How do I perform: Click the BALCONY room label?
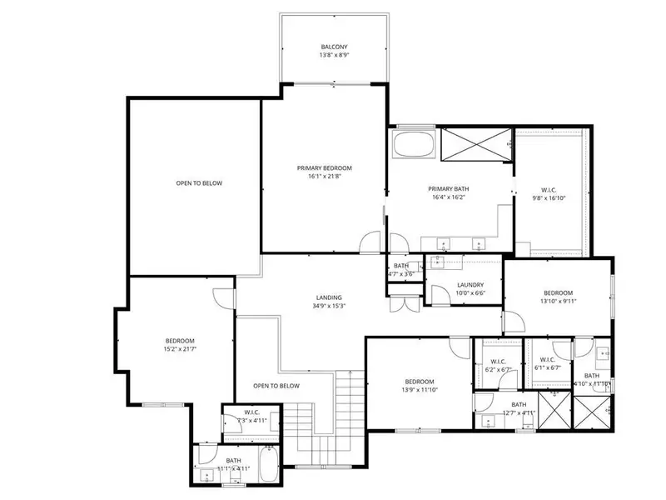pos(334,47)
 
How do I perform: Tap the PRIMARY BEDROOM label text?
pos(325,167)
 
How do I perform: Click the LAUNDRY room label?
pos(470,284)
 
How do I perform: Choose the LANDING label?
pos(329,297)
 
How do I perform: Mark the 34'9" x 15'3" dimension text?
pos(329,306)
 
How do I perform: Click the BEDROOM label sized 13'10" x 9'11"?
pos(558,292)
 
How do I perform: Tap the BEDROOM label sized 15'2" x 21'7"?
pos(179,340)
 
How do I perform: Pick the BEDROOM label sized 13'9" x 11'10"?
pos(420,381)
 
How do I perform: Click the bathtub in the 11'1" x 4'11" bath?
pos(267,466)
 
